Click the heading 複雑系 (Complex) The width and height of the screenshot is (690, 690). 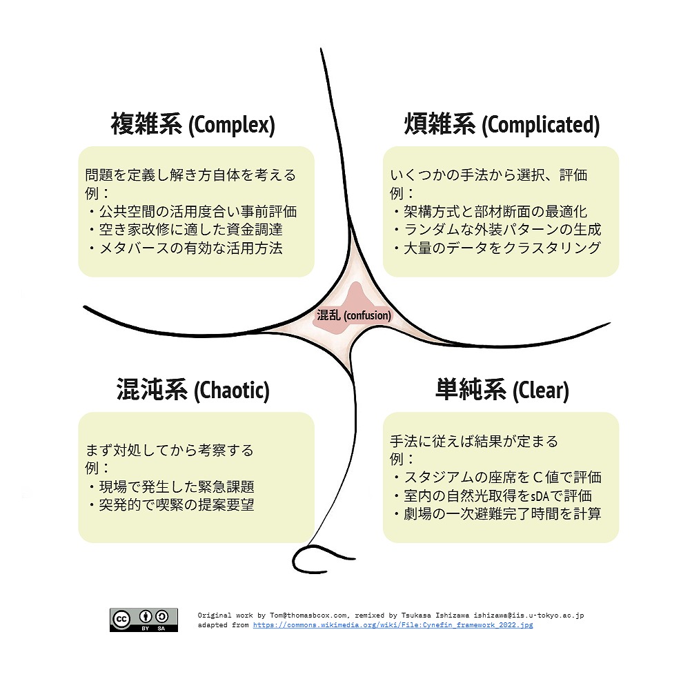(193, 124)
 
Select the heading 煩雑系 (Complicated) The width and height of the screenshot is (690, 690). (502, 124)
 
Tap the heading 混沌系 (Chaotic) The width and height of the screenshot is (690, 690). (193, 390)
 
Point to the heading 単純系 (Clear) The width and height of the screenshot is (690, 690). (502, 390)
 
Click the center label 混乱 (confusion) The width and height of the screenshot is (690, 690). (354, 315)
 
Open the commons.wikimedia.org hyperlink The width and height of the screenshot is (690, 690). (393, 625)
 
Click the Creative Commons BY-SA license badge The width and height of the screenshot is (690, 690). (144, 620)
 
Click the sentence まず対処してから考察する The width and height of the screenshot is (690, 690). (170, 450)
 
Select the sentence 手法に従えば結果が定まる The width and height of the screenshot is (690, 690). (474, 441)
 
